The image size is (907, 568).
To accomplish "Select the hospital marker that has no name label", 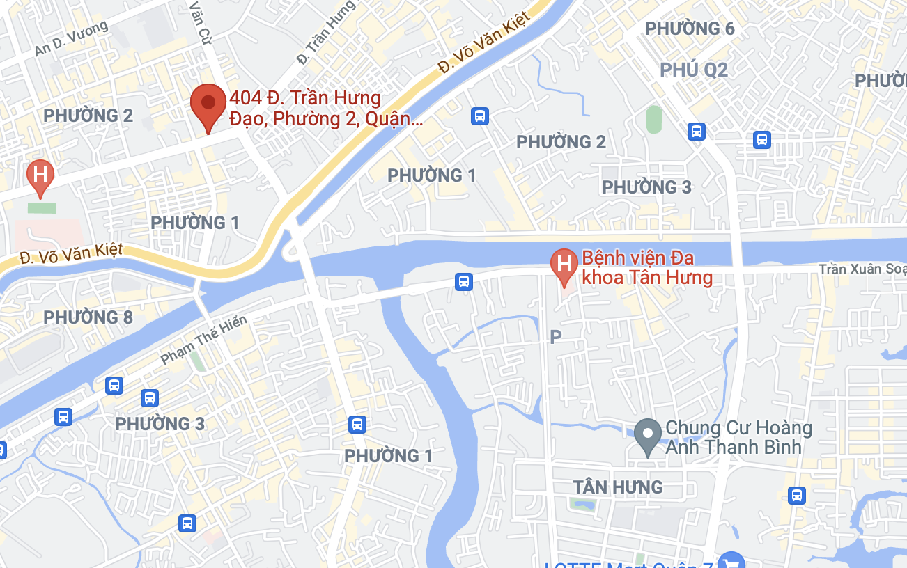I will coord(40,175).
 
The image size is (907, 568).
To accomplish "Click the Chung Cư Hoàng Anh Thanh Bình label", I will coord(738,437).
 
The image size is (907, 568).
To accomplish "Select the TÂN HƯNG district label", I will coord(617,487).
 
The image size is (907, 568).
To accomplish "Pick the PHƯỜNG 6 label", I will coord(690,29).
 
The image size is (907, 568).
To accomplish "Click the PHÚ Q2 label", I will coord(694,70).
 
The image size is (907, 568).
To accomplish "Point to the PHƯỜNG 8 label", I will coord(88,317).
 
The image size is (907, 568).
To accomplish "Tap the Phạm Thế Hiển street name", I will coord(203,340).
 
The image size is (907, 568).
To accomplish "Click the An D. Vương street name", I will coord(71,38).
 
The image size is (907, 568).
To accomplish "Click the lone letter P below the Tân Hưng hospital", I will coord(555,337).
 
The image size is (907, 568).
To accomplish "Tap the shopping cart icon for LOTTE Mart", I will coord(731,561).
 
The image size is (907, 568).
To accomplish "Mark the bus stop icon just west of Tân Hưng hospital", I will coord(463,281).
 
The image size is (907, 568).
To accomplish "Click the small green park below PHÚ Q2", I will coord(653,119).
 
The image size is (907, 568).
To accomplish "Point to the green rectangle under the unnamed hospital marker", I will coord(42,207).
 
